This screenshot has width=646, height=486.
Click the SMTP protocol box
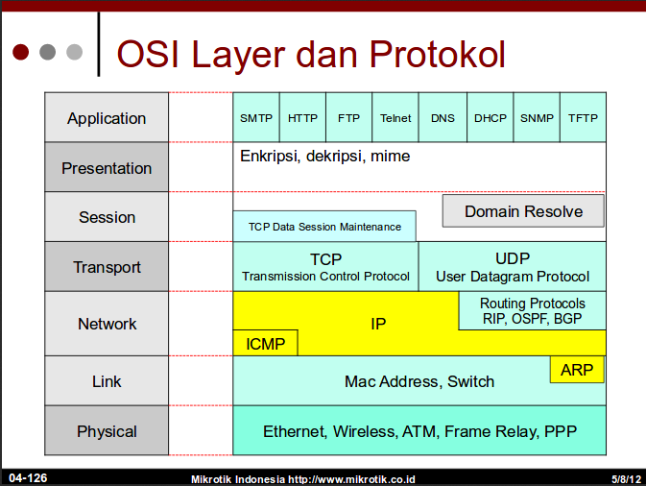pyautogui.click(x=256, y=118)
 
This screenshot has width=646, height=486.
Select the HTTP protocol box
pyautogui.click(x=302, y=118)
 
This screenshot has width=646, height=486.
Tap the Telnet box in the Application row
pyautogui.click(x=395, y=118)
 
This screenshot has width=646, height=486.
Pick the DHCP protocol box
pyautogui.click(x=490, y=118)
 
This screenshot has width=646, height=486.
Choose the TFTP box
pyautogui.click(x=583, y=118)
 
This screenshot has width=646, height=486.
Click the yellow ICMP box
pyautogui.click(x=265, y=344)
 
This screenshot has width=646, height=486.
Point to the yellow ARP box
pyautogui.click(x=577, y=369)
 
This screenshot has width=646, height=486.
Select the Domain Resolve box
pyautogui.click(x=523, y=211)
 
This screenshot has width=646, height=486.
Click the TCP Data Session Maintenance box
pyautogui.click(x=324, y=227)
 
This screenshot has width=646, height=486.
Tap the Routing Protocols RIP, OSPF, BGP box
pyautogui.click(x=533, y=310)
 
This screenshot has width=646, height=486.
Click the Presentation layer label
pyautogui.click(x=107, y=168)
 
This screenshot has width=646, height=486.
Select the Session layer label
pyautogui.click(x=107, y=217)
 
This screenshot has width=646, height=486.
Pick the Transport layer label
pyautogui.click(x=107, y=267)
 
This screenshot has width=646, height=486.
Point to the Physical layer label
pyautogui.click(x=107, y=431)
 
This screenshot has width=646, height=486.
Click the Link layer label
pyautogui.click(x=107, y=381)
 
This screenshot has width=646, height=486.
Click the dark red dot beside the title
pyautogui.click(x=21, y=51)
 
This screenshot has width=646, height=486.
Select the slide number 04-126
pyautogui.click(x=28, y=477)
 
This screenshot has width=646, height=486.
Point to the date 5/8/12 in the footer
pyautogui.click(x=625, y=477)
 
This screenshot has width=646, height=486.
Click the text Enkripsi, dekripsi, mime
pyautogui.click(x=324, y=156)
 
